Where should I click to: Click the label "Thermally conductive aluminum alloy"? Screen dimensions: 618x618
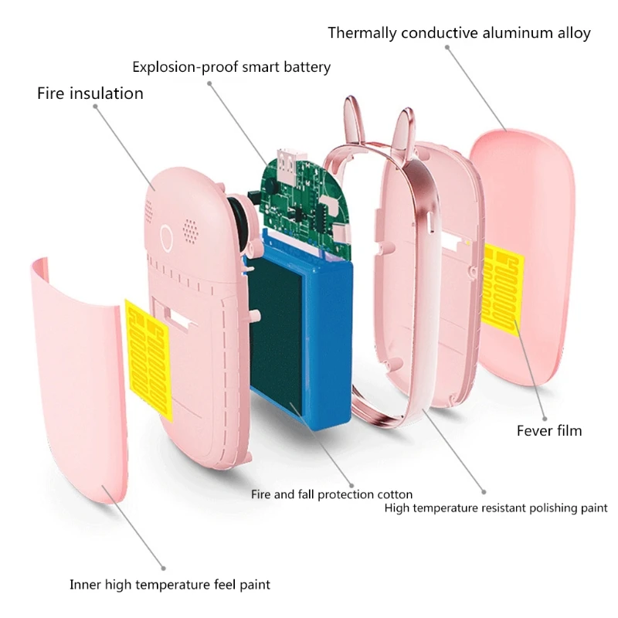point(459,33)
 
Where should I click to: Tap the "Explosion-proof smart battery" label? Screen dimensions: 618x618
point(231,67)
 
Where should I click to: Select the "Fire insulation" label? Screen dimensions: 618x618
point(90,93)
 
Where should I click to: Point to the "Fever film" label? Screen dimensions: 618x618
point(549,430)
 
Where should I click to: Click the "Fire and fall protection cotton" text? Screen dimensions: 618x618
point(331,494)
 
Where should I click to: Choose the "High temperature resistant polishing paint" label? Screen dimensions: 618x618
point(496,508)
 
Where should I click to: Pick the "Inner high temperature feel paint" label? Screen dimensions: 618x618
point(170,585)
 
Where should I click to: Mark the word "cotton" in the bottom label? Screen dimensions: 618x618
point(394,494)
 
